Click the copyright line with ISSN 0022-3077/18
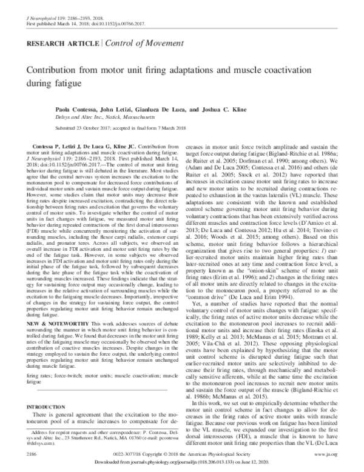point(182,452)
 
